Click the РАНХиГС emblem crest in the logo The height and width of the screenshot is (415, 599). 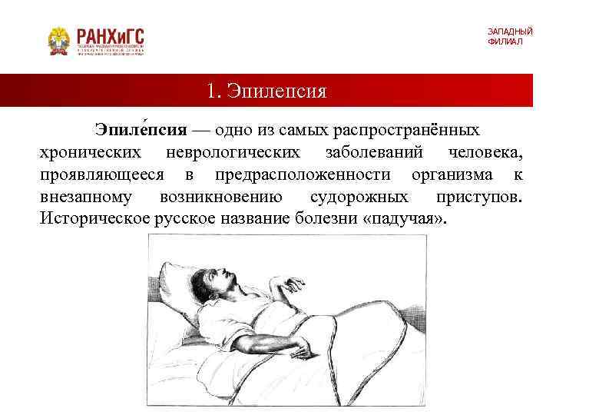(58, 40)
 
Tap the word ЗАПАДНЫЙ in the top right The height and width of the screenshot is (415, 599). (509, 32)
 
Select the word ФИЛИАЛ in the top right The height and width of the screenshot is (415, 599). (505, 41)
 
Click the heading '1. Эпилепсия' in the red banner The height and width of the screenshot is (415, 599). (266, 91)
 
